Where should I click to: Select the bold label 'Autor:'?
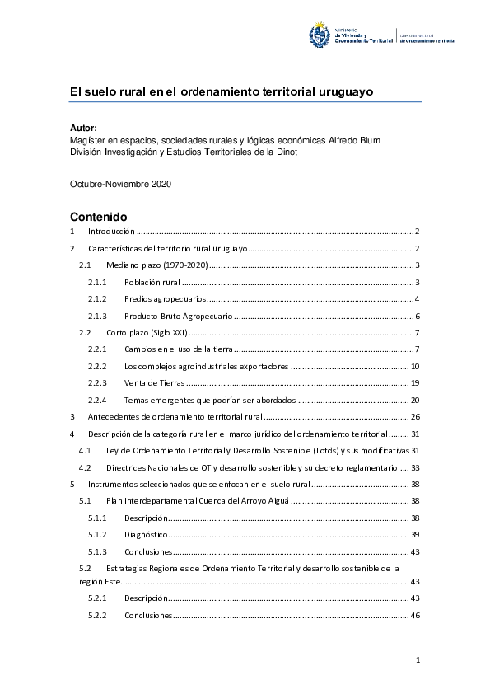[83, 128]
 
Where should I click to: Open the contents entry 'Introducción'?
[111, 232]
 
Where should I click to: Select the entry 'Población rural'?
[152, 282]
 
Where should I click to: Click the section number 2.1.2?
[98, 298]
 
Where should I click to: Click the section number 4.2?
[84, 466]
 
